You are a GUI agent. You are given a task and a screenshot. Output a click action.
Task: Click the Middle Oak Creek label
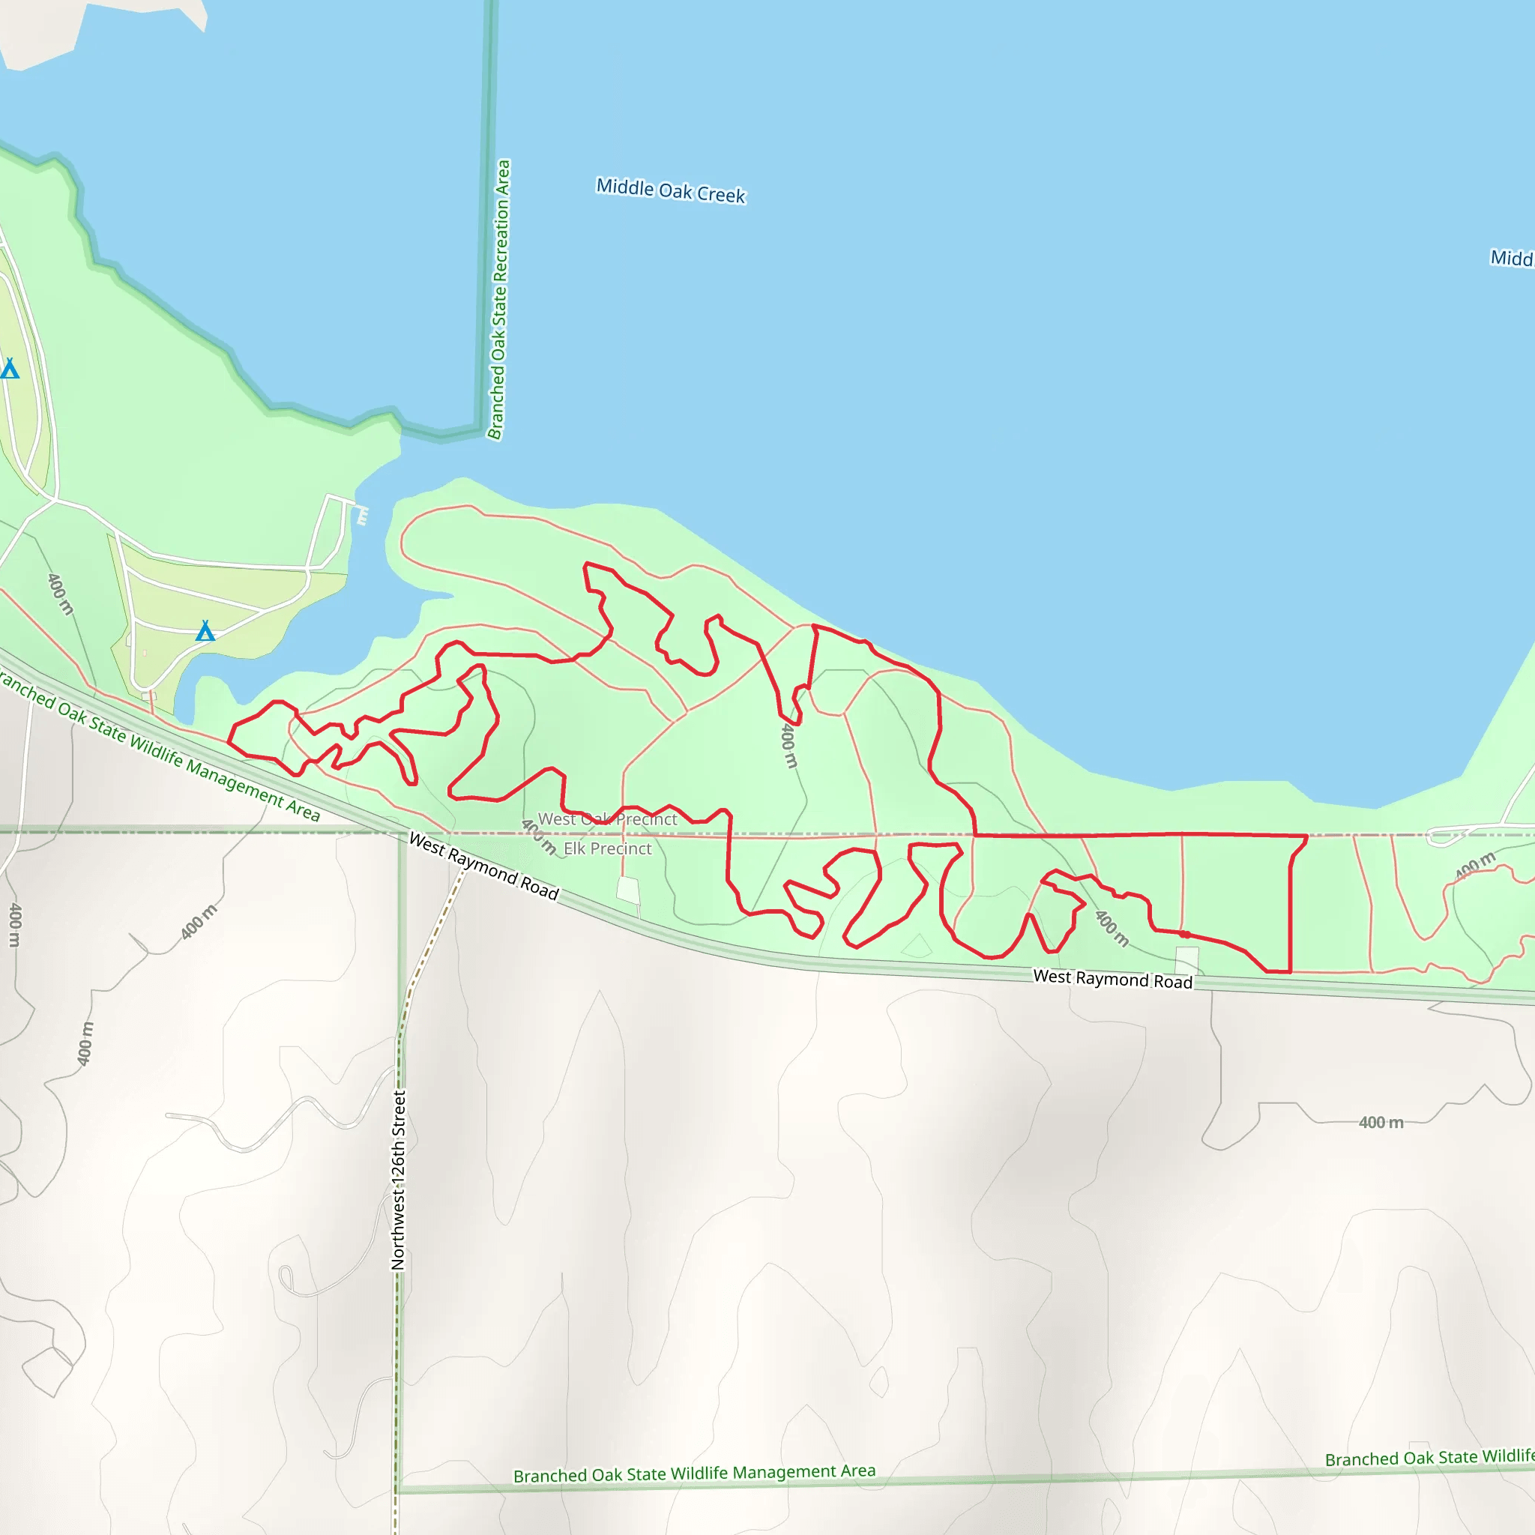(671, 190)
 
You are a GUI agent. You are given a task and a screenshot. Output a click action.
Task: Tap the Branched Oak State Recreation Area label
(498, 300)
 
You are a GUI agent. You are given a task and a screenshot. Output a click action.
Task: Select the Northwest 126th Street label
(398, 1180)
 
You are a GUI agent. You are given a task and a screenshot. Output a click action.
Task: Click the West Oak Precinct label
(608, 819)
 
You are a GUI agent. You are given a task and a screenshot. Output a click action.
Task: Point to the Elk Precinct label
(607, 848)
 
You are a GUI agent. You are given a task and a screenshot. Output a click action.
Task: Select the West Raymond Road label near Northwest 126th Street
(483, 866)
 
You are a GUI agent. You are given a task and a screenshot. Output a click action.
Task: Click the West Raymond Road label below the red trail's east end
(1112, 979)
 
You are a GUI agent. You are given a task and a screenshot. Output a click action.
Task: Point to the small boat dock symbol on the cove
(362, 516)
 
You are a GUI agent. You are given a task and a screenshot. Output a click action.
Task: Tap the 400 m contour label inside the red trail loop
(788, 744)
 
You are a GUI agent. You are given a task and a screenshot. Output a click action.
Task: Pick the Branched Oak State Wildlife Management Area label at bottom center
(693, 1474)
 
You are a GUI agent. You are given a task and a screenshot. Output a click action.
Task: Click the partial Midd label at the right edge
(1511, 259)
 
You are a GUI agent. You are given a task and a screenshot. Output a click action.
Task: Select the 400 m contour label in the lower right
(1381, 1123)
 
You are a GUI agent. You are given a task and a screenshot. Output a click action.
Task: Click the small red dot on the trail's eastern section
(1185, 935)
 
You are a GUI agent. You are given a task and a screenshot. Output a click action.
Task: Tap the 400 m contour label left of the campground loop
(60, 594)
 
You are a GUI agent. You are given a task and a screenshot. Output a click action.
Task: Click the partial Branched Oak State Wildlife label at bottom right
(1429, 1458)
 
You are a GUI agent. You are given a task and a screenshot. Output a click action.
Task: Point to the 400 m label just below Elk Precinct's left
(539, 836)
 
